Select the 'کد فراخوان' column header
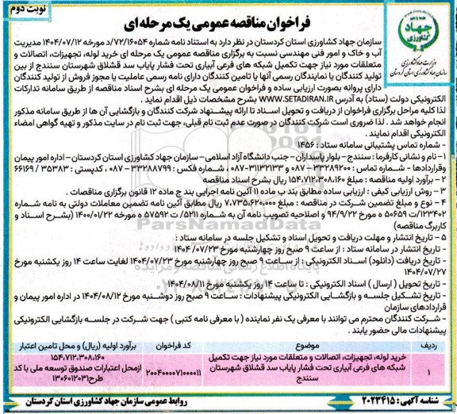160,347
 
